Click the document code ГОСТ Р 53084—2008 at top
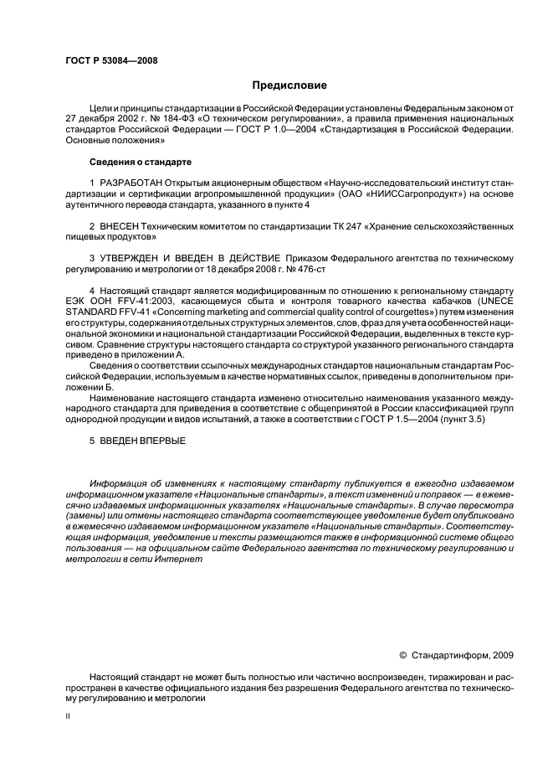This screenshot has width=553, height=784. click(111, 61)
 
